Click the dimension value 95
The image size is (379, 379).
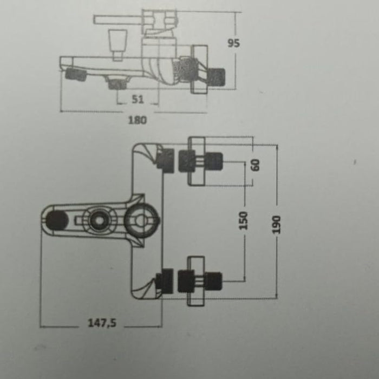[234, 44]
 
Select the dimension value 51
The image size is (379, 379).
[138, 99]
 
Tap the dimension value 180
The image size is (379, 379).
[138, 120]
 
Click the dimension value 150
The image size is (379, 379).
[243, 221]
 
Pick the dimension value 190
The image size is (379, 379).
[277, 223]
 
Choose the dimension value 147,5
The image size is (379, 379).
[102, 323]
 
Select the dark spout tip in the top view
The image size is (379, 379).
[57, 220]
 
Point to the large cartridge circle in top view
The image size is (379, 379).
[141, 220]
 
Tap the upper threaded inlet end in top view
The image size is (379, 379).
[215, 161]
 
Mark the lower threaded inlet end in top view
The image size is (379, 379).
[215, 280]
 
